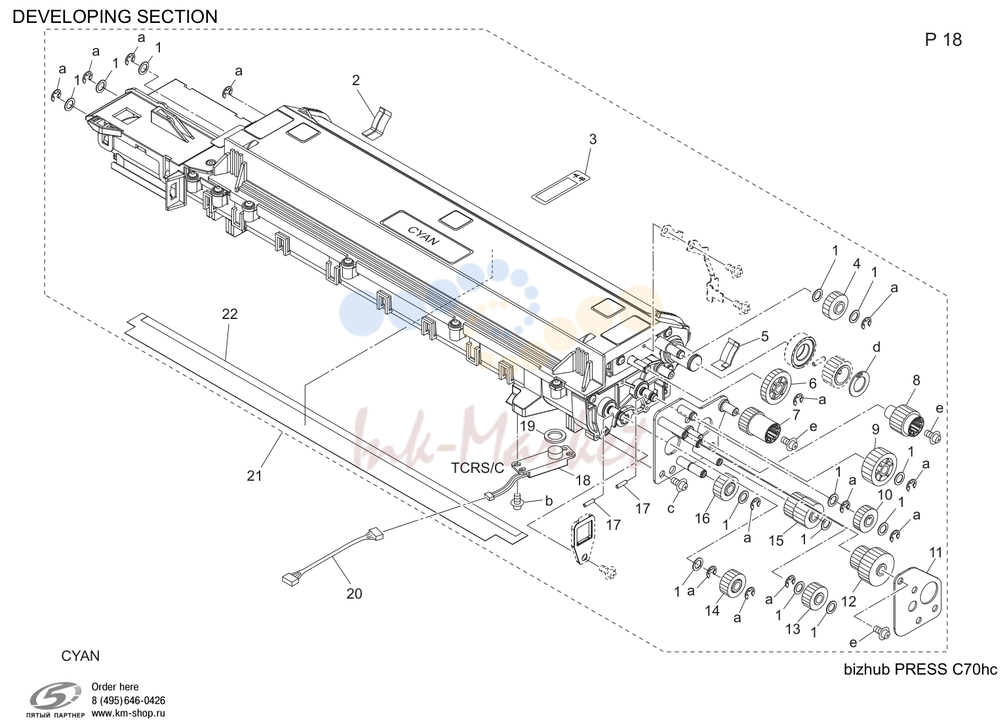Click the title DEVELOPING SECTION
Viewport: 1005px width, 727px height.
115,17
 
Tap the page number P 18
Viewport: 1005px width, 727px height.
943,41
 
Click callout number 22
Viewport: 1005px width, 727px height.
229,314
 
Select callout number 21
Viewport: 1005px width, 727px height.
254,475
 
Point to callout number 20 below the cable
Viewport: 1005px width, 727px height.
354,593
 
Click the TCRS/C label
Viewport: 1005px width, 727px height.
477,468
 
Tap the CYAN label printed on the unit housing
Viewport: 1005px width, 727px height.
423,235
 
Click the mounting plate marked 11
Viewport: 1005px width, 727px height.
918,603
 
